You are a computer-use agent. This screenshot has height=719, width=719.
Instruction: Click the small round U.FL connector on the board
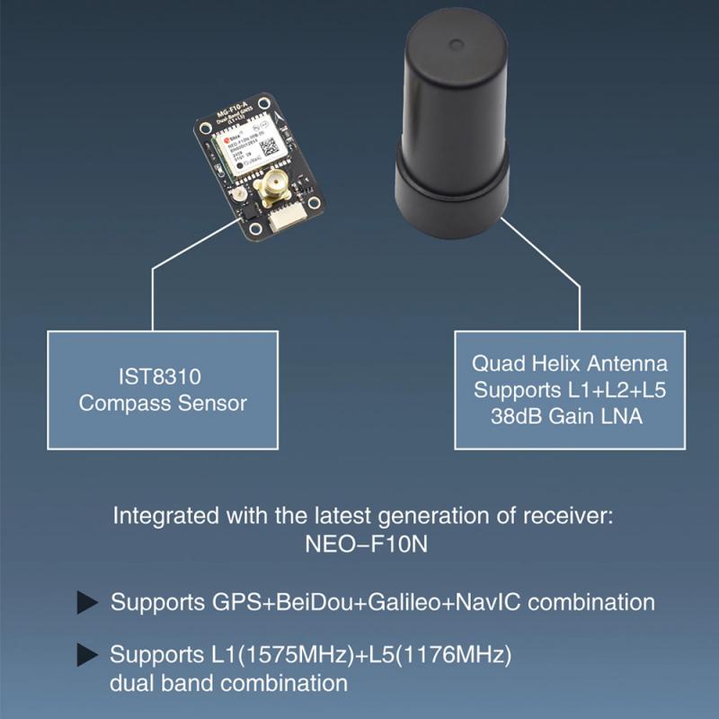tap(237, 195)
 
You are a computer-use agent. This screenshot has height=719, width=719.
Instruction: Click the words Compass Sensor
tap(163, 403)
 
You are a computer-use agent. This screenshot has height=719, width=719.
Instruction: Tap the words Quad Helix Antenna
tap(571, 365)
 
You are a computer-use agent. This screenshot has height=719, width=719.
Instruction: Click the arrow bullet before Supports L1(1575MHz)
tap(87, 654)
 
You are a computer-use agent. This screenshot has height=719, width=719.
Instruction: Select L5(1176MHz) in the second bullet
tap(434, 653)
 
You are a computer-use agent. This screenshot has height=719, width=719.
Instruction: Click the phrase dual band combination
tap(228, 682)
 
